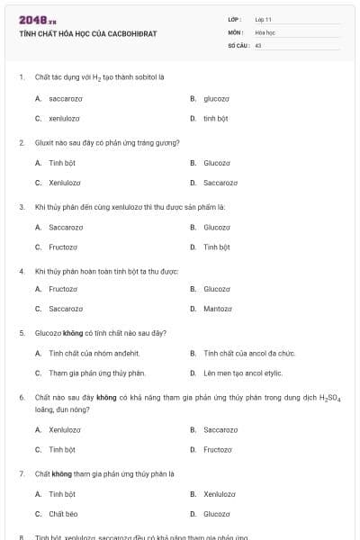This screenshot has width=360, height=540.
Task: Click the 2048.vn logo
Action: (x=38, y=19)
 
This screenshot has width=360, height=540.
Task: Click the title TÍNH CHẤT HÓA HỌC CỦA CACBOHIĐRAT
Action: (x=88, y=33)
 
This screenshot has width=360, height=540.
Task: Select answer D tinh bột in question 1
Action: (x=216, y=118)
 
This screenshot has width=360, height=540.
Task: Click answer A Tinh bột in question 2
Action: (x=62, y=163)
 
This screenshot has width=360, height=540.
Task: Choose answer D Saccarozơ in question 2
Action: (x=220, y=183)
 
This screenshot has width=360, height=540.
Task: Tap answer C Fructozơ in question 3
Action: (x=63, y=247)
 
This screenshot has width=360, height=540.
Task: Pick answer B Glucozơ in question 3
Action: (x=217, y=227)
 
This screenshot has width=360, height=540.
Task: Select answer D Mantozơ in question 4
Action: (x=218, y=309)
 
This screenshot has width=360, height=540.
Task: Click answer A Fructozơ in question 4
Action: (x=63, y=289)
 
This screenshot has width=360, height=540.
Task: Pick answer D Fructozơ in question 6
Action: (x=218, y=449)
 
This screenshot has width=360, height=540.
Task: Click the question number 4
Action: (x=22, y=271)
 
